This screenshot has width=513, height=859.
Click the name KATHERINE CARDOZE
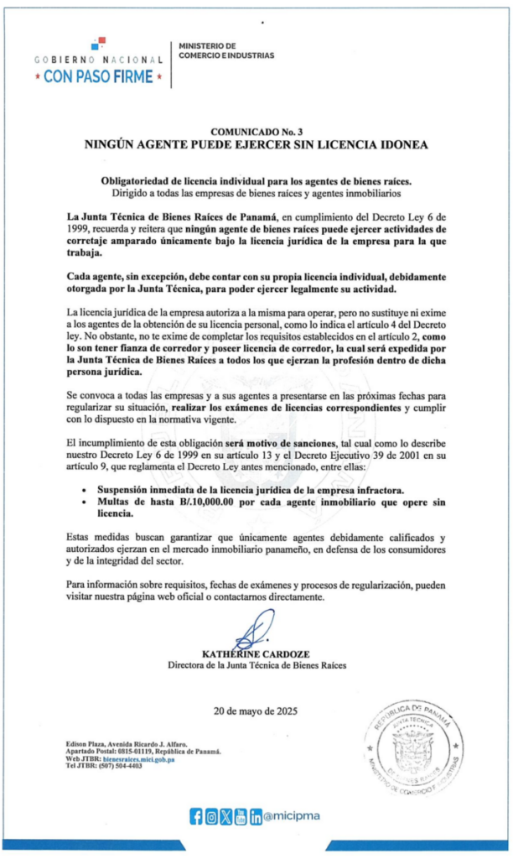(256, 653)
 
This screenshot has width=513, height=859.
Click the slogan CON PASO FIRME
(99, 77)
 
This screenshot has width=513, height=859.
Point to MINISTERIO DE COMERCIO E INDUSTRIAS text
(226, 50)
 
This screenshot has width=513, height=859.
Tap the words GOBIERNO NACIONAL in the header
(99, 60)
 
